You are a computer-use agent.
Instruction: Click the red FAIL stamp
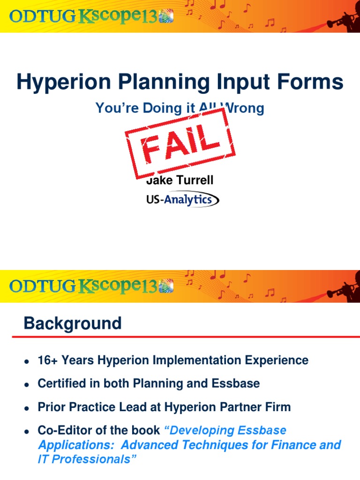click(180, 142)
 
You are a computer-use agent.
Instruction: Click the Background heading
click(73, 323)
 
